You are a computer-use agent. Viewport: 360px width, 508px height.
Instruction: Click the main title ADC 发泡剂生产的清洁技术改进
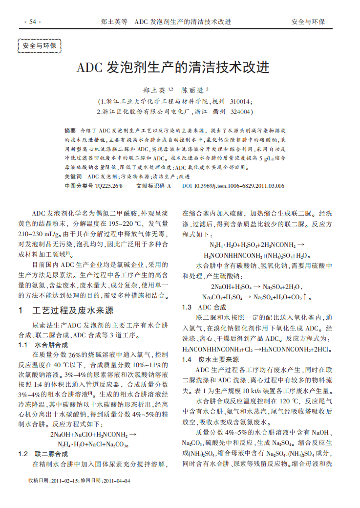[x=173, y=68]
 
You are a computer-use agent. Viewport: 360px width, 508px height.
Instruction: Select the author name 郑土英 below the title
[x=154, y=90]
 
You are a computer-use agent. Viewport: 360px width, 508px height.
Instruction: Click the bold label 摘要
[x=70, y=132]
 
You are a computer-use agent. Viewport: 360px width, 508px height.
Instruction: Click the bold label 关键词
[x=73, y=176]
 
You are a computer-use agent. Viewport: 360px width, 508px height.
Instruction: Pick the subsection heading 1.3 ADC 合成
[x=204, y=307]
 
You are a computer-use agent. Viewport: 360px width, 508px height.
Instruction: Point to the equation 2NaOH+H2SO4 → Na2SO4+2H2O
[x=256, y=287]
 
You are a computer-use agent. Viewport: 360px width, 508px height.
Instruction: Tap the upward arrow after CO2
[x=305, y=297]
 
